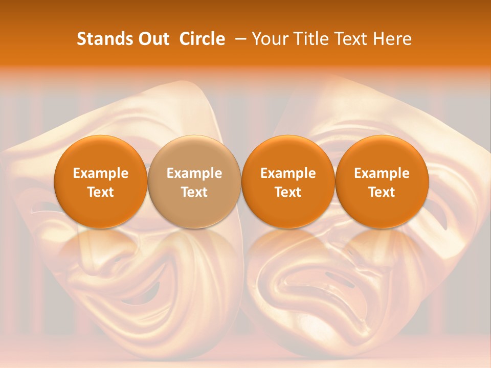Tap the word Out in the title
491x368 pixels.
(x=152, y=39)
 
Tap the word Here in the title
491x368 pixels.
(x=394, y=39)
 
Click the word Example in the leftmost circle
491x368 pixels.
(x=101, y=173)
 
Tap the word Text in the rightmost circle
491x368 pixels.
(x=382, y=192)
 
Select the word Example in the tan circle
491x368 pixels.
(x=194, y=173)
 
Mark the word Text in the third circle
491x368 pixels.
(x=288, y=192)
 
